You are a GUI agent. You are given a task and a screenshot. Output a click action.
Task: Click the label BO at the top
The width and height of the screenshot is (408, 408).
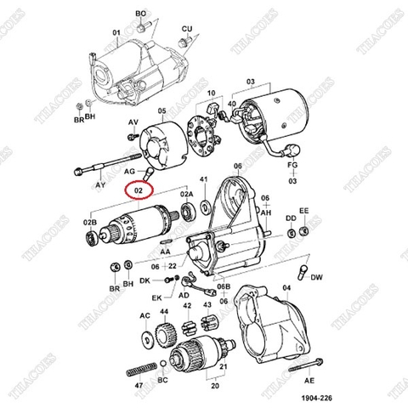click(x=142, y=14)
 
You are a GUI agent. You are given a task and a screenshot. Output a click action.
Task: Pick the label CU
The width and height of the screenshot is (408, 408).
click(x=187, y=28)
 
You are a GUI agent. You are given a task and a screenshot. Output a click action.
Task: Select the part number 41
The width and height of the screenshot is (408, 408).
click(x=204, y=180)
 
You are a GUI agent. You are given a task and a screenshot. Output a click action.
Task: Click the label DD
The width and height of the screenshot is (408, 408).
click(x=291, y=218)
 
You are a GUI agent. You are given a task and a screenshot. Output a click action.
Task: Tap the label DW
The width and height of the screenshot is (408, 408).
click(x=317, y=278)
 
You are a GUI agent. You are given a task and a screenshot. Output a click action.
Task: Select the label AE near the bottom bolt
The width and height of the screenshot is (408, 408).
click(x=309, y=382)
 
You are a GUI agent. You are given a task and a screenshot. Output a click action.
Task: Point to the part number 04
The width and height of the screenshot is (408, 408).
click(x=286, y=289)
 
